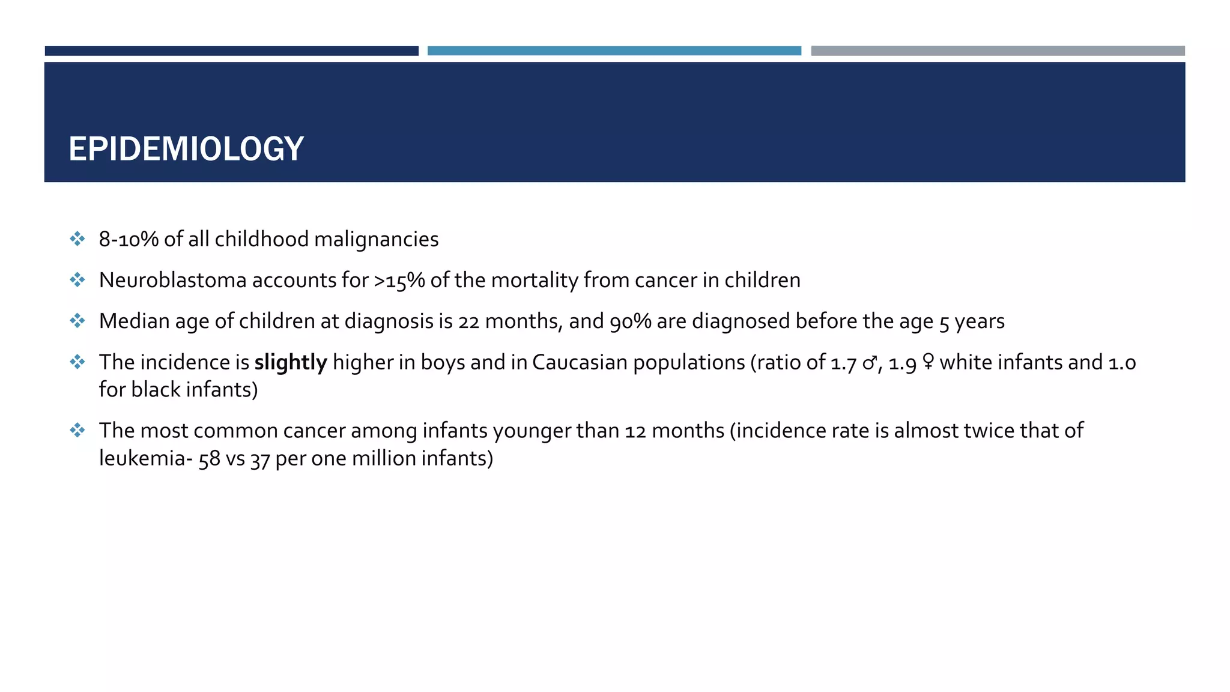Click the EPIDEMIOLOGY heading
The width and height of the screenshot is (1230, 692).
[x=186, y=149]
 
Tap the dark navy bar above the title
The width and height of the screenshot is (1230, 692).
[x=231, y=51]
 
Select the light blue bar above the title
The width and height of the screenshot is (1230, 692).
[x=614, y=51]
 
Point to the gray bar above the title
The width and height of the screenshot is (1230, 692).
[x=998, y=51]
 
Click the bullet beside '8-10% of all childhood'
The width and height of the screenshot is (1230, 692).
[x=77, y=239]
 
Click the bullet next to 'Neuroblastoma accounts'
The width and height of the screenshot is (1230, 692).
[x=77, y=280]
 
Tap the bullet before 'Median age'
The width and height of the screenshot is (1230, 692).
[x=77, y=321]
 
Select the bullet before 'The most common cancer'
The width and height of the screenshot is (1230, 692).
[x=77, y=430]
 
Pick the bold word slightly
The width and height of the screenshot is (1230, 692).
[x=291, y=363]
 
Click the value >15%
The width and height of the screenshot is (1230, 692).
[x=399, y=281]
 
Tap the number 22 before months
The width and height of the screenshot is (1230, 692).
[x=468, y=322]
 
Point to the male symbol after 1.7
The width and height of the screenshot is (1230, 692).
[x=869, y=363]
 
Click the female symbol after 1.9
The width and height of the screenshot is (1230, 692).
[x=928, y=362]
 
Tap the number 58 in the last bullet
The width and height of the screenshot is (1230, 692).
[x=210, y=459]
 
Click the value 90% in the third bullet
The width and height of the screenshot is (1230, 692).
[x=630, y=322]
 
